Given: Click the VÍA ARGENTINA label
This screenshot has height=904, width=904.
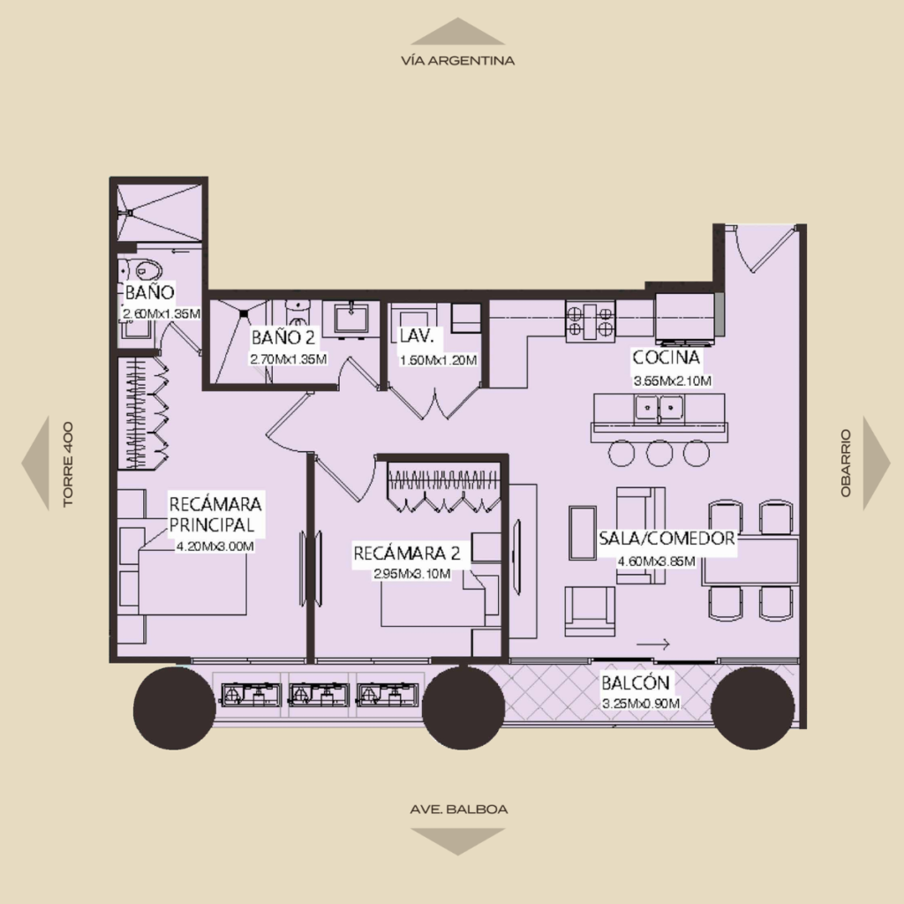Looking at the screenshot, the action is pos(458,61).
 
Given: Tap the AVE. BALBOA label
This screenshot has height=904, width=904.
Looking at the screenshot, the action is pos(459,809).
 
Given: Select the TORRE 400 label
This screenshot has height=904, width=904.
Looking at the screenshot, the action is pos(68,464).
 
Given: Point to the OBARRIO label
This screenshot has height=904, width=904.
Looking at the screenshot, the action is pos(846,463).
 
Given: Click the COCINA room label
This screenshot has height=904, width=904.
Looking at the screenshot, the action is pos(667,358).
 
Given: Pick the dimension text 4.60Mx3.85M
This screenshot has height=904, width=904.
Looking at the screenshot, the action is pos(656,561).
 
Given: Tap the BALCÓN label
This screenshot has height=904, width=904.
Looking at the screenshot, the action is pos(636,682).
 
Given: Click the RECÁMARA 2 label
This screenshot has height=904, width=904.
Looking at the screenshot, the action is pos(406,554).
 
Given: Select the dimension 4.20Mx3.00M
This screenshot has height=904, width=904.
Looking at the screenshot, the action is pos(215,546).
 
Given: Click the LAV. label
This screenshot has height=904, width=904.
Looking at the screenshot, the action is pos(416,336).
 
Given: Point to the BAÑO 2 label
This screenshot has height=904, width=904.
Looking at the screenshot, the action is pos(283,337).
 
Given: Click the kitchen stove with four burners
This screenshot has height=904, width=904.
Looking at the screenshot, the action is pos(590,321).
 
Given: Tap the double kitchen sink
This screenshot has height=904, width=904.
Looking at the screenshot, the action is pos(659,408).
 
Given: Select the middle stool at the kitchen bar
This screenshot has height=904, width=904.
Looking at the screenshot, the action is pos(659,453).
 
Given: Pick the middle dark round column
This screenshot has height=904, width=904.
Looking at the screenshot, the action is pos(463,708).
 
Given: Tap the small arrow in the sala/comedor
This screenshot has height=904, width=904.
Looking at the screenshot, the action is pos(652,644).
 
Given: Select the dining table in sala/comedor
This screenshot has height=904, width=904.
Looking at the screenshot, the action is pos(750,561).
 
